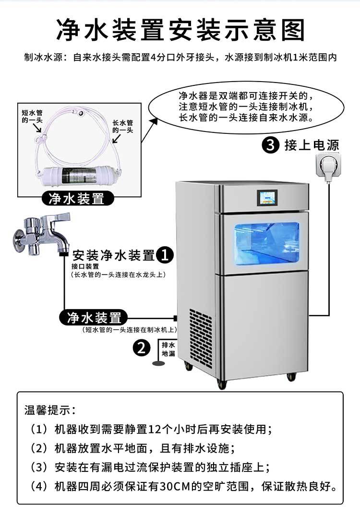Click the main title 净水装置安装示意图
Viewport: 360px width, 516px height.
[180, 30]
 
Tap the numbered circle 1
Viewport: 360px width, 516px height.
[165, 255]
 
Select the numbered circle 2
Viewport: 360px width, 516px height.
[142, 348]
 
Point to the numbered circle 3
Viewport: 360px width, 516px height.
[271, 145]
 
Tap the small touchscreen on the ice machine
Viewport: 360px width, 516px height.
[267, 198]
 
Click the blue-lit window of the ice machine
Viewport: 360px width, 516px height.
[267, 242]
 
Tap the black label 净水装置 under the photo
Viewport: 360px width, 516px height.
[78, 199]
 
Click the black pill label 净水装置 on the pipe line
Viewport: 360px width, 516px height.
[94, 318]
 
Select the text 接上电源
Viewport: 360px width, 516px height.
[312, 145]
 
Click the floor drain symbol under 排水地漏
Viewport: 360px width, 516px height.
[158, 363]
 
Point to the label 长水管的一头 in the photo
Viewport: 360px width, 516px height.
[123, 126]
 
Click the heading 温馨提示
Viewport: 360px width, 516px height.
[50, 410]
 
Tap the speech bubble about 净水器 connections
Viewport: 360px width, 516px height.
[246, 107]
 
